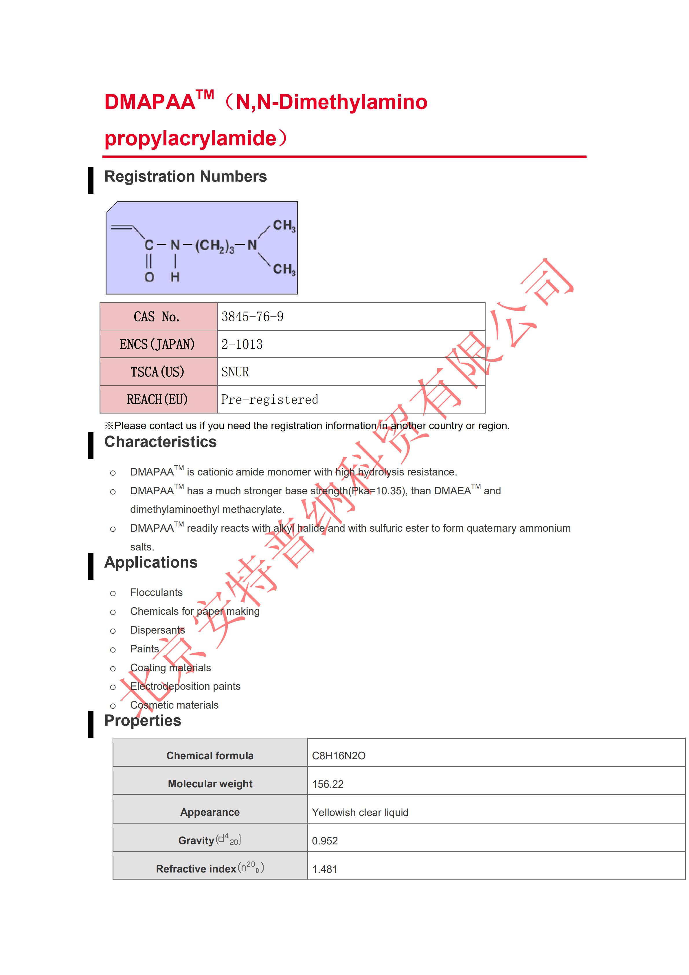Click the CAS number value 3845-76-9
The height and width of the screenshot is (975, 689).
tap(252, 317)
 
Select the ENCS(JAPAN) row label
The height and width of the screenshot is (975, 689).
tap(157, 344)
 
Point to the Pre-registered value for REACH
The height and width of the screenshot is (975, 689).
tap(270, 400)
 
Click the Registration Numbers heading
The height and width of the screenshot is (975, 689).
tap(185, 177)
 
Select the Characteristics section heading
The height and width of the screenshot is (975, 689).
tap(160, 442)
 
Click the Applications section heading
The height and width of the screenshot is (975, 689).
tap(150, 563)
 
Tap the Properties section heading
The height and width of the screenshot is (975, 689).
tap(143, 721)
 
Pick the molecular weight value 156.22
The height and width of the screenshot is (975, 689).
tap(328, 784)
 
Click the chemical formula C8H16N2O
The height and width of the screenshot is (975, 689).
tap(339, 756)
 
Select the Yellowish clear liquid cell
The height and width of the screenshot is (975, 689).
tap(360, 813)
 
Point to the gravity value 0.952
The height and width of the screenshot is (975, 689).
tap(325, 841)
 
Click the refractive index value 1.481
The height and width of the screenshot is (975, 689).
tap(325, 869)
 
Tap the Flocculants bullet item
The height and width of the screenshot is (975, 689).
tap(156, 593)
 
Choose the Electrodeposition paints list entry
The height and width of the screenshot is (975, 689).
tap(185, 687)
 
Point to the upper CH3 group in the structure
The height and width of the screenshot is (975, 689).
tap(284, 226)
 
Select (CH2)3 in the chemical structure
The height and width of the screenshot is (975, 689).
tap(214, 246)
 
